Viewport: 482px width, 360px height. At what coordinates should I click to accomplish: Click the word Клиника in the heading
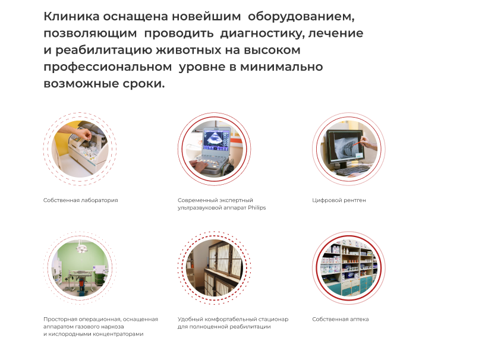coord(71,16)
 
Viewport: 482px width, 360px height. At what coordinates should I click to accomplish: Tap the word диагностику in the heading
coord(263,34)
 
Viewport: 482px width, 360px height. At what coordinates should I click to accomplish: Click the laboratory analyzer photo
coord(80,149)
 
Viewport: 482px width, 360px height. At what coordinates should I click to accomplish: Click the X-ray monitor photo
coord(349,149)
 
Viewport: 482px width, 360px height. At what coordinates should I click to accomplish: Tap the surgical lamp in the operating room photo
coord(82,247)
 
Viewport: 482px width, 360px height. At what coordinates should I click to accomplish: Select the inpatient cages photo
coord(215,268)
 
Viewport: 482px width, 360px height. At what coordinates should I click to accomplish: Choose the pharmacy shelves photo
coord(349,268)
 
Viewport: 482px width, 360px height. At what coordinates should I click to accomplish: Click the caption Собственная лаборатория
coord(81,200)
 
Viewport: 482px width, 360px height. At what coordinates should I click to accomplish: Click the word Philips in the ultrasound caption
coord(257,208)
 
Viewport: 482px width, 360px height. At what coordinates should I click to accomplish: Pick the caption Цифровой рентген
coord(339,200)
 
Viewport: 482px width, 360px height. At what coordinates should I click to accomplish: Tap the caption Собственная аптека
coord(341,319)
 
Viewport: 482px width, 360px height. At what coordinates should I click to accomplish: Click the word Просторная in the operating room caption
coord(60,320)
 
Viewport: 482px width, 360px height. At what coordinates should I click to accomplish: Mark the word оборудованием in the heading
coord(301,17)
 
